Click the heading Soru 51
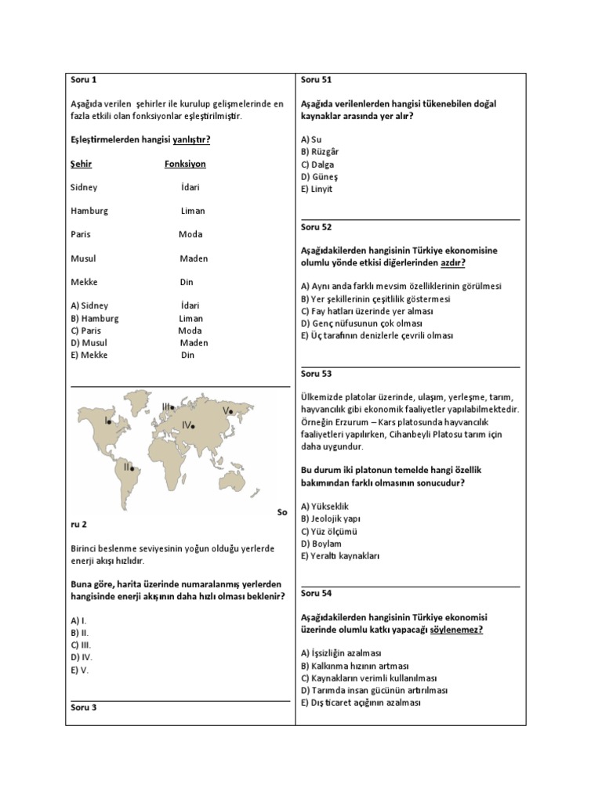317,79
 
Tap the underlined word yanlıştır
191,140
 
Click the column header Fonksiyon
185,164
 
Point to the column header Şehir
81,164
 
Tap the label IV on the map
187,424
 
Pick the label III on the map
167,406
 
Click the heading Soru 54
317,594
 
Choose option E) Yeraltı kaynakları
340,556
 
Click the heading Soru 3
83,708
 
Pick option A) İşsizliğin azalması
341,653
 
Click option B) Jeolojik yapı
331,518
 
